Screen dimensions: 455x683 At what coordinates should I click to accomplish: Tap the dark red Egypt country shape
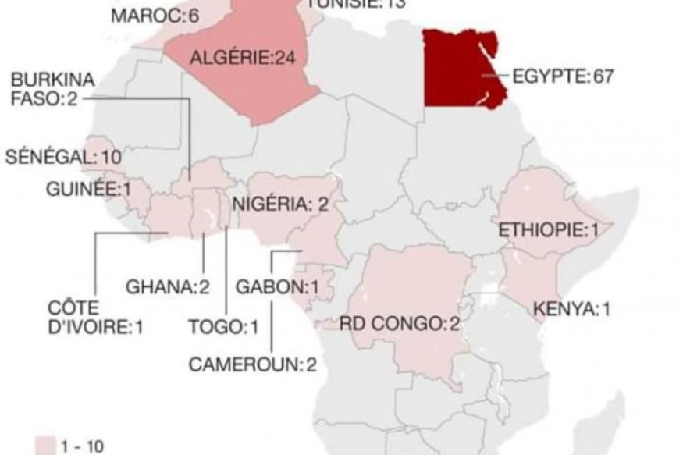pos(457,70)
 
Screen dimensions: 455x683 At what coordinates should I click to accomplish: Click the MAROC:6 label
pos(155,16)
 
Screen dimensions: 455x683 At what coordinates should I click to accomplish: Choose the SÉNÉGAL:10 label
pos(63,157)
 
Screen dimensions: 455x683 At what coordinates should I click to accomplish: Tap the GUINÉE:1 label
pos(87,189)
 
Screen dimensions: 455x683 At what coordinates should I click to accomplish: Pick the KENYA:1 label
pos(571,309)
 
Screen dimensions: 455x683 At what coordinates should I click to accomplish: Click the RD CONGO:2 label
pos(400,324)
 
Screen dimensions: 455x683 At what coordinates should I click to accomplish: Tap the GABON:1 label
pos(277,287)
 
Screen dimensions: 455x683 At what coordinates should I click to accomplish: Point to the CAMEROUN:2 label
pos(253,364)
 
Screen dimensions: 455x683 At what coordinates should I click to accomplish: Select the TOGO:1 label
pos(223,327)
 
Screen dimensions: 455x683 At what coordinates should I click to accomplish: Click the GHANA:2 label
pos(168,287)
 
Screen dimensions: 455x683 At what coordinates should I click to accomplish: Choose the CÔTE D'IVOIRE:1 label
pos(95,318)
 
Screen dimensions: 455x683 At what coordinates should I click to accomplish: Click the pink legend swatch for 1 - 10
pos(46,446)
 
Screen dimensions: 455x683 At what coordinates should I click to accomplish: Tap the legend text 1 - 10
pos(82,447)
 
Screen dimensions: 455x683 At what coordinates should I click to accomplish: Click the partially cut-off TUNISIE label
pos(356,4)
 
